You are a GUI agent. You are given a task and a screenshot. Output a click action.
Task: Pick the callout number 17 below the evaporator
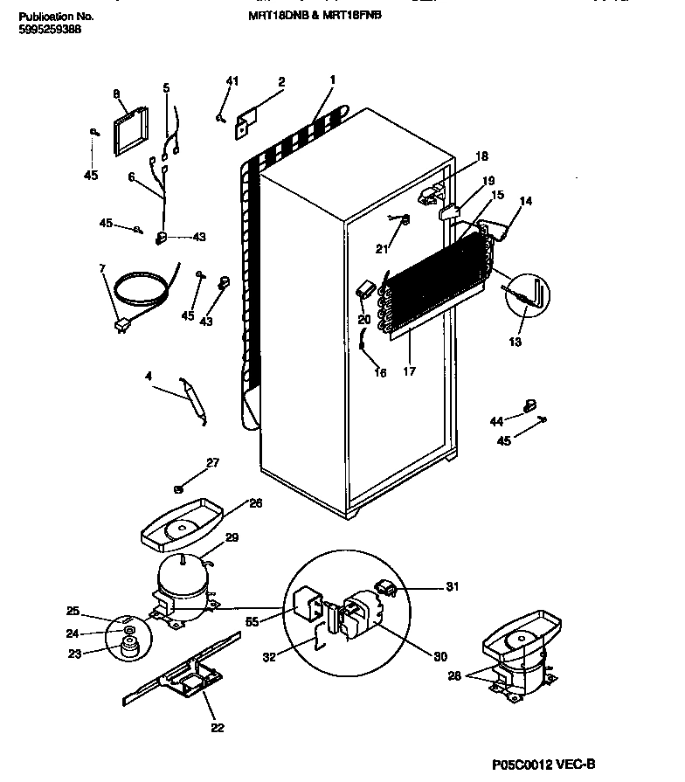[x=410, y=370]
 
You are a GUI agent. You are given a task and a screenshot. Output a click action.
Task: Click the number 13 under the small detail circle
[x=515, y=342]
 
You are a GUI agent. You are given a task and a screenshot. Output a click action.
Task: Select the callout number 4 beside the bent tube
[x=148, y=377]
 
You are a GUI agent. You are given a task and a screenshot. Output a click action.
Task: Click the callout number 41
[x=232, y=81]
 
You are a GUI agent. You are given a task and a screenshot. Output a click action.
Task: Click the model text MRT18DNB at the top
[x=273, y=16]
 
